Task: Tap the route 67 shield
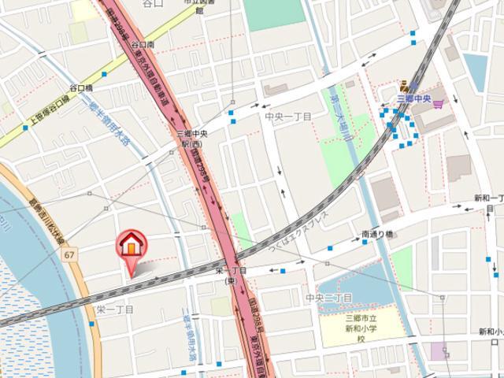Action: (x=70, y=255)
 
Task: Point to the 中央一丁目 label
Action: (x=288, y=117)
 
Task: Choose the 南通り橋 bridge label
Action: (x=377, y=234)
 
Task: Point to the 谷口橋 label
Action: (x=81, y=88)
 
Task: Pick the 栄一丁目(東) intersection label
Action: (x=230, y=275)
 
